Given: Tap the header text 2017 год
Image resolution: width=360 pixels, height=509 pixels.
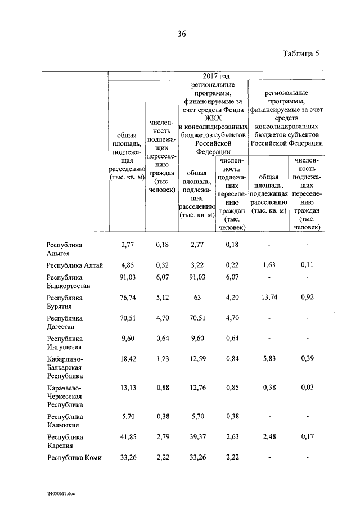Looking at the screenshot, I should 216,75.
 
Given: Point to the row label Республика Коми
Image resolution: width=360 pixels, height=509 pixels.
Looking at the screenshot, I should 74,457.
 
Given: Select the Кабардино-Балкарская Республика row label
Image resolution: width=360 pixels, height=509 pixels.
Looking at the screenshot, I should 65,367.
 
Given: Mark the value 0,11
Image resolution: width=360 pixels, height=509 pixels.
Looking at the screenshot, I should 307,265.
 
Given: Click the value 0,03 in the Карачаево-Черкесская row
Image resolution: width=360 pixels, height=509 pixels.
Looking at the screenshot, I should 307,388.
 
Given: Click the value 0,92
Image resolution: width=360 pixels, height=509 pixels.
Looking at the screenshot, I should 307,298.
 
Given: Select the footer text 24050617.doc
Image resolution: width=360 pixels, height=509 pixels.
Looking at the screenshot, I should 61,493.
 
